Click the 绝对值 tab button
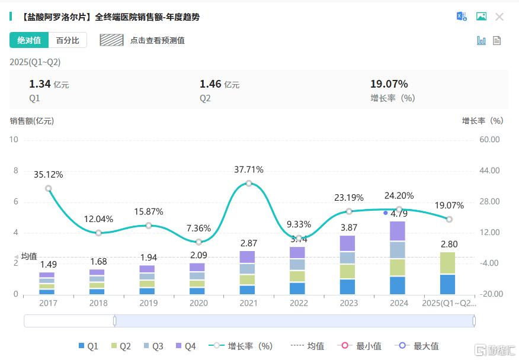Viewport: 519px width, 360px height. tap(29, 40)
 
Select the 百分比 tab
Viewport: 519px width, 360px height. tap(68, 40)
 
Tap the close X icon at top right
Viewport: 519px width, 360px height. tap(499, 17)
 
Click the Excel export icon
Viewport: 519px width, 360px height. tap(462, 17)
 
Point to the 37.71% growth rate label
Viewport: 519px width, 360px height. tap(249, 170)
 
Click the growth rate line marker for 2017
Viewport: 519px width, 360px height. tap(49, 188)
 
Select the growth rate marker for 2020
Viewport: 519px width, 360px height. tap(198, 242)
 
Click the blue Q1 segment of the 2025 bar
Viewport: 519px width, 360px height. tap(448, 284)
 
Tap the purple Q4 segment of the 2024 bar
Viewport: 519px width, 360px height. tap(398, 231)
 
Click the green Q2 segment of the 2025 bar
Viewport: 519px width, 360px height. tap(448, 263)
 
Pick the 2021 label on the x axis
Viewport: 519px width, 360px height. tap(248, 303)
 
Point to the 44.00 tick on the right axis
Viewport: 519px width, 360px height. tap(489, 171)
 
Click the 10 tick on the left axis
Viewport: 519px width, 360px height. tap(14, 140)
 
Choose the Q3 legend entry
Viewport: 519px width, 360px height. tap(153, 346)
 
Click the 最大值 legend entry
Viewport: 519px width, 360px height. tap(419, 346)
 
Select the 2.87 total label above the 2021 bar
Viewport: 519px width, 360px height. tap(249, 243)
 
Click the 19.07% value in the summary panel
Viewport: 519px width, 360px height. tap(389, 84)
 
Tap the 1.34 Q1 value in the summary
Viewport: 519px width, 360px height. tap(40, 84)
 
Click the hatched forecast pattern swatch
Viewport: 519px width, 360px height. tap(111, 40)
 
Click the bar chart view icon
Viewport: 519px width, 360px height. tap(481, 40)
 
